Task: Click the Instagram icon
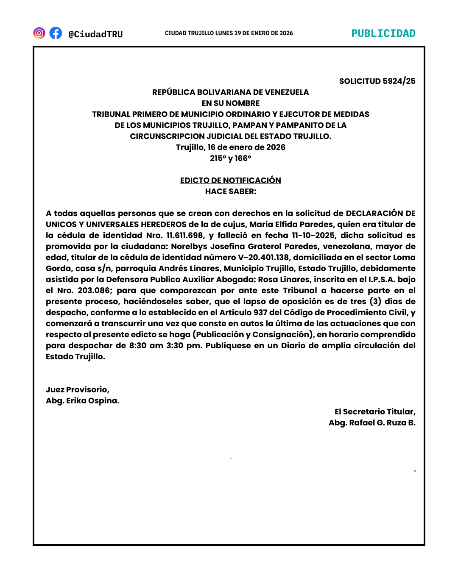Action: [39, 33]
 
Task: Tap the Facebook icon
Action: [56, 33]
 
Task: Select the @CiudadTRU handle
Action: [95, 34]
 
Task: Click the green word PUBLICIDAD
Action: [383, 33]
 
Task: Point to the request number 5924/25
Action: [399, 81]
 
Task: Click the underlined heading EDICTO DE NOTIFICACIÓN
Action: [230, 180]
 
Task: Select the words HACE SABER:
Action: [230, 191]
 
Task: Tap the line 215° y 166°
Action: [230, 158]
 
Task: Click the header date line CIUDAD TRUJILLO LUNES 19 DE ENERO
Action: [229, 33]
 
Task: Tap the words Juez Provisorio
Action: [77, 389]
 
